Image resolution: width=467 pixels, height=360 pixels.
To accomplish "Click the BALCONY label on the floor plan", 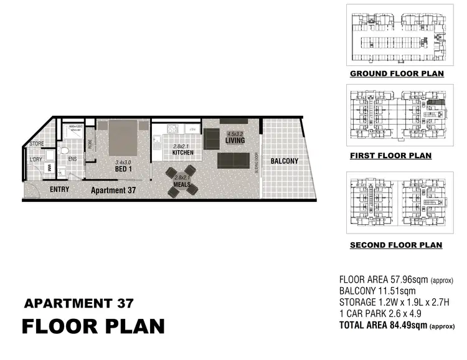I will point(284,161).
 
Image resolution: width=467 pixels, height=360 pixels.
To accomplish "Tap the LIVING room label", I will point(235,141).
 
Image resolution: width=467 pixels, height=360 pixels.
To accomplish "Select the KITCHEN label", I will point(183,153).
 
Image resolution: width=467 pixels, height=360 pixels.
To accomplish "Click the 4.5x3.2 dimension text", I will point(235,134).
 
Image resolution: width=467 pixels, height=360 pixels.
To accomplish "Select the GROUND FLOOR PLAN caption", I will point(396,73).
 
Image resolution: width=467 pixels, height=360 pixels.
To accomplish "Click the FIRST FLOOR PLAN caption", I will point(390,156).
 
